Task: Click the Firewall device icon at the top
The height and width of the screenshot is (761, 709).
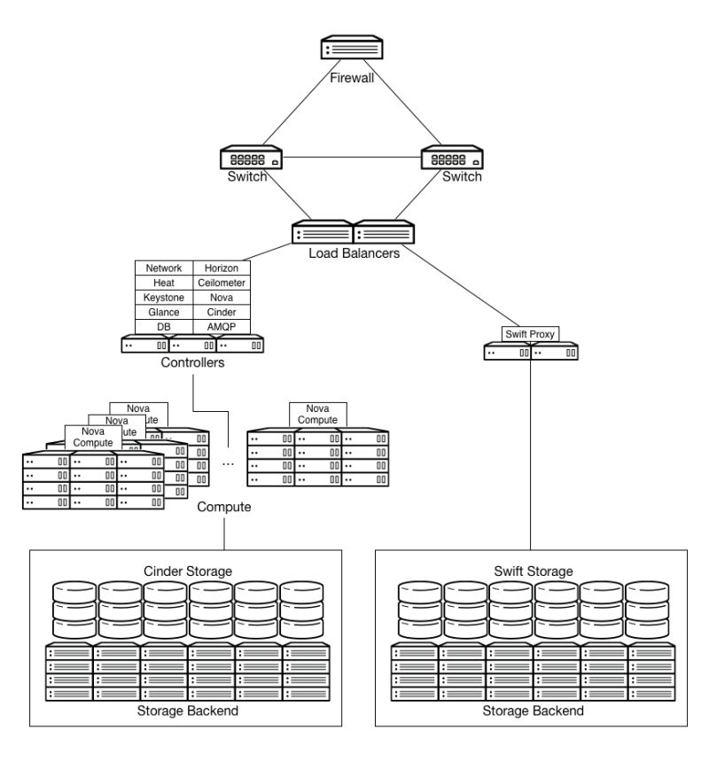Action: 354,48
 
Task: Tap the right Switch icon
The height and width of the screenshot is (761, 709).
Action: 453,159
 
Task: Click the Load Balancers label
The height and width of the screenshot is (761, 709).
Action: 354,253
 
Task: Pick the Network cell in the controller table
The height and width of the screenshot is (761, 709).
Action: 164,268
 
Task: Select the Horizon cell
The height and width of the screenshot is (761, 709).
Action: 222,268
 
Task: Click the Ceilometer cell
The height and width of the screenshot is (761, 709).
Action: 222,283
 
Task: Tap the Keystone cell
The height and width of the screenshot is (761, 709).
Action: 164,298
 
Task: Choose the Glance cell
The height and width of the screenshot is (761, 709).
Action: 164,312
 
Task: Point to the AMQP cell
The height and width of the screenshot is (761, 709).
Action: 222,327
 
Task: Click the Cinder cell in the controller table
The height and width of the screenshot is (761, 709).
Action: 222,312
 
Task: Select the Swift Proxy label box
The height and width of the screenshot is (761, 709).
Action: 530,334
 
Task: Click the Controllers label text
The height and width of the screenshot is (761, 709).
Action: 192,363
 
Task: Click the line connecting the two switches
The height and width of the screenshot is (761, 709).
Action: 354,159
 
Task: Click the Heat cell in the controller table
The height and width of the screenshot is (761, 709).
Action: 164,283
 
